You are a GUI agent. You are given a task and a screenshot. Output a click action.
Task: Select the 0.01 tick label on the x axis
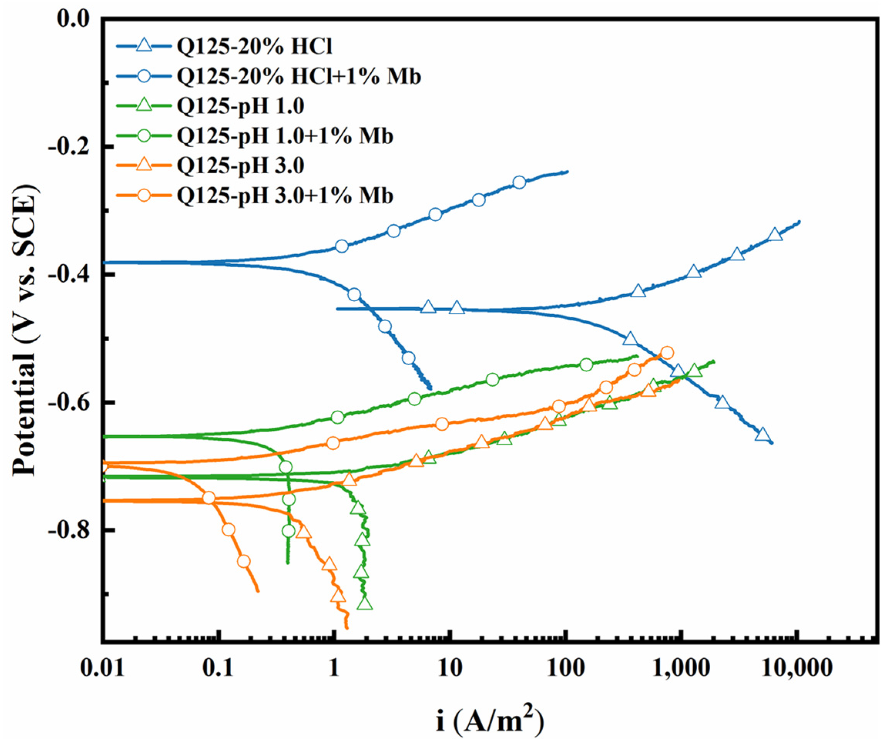pyautogui.click(x=102, y=668)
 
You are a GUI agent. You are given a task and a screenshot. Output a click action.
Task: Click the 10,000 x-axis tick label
pyautogui.click(x=798, y=668)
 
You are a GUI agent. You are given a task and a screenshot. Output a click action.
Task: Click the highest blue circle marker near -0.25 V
pyautogui.click(x=520, y=183)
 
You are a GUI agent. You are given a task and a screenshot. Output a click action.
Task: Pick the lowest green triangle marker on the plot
pyautogui.click(x=365, y=604)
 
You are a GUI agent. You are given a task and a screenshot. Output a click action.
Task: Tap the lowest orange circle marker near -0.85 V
pyautogui.click(x=243, y=562)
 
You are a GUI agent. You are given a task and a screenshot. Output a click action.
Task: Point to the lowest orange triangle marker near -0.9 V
pyautogui.click(x=338, y=596)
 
